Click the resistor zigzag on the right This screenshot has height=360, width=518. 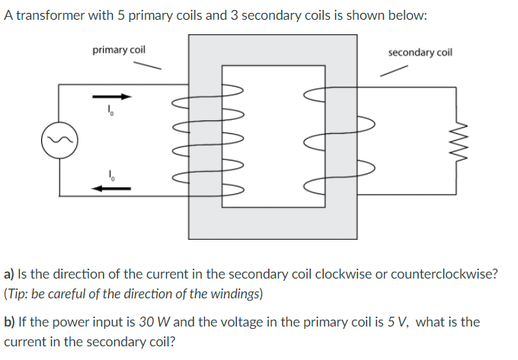coord(456,140)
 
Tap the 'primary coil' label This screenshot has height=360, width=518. coord(119,50)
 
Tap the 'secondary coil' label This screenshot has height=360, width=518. coord(420,53)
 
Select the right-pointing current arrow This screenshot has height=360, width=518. coord(112,97)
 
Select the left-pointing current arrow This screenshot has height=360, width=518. coord(112,186)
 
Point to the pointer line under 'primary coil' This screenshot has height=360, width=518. coord(149,65)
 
